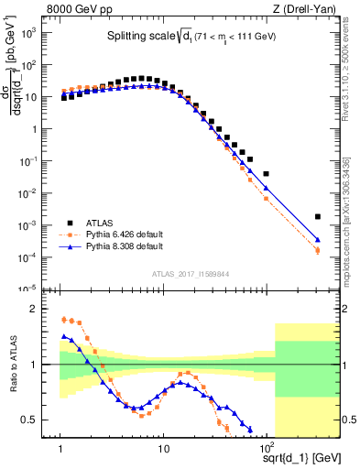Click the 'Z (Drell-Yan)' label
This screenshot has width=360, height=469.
click(x=292, y=9)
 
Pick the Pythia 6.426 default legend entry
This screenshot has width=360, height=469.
click(x=124, y=234)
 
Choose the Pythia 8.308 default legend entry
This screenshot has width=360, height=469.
click(x=124, y=246)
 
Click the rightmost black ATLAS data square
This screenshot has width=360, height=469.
click(x=318, y=217)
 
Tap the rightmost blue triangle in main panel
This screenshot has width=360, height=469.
click(x=318, y=240)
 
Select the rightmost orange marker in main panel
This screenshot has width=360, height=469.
click(x=318, y=251)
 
